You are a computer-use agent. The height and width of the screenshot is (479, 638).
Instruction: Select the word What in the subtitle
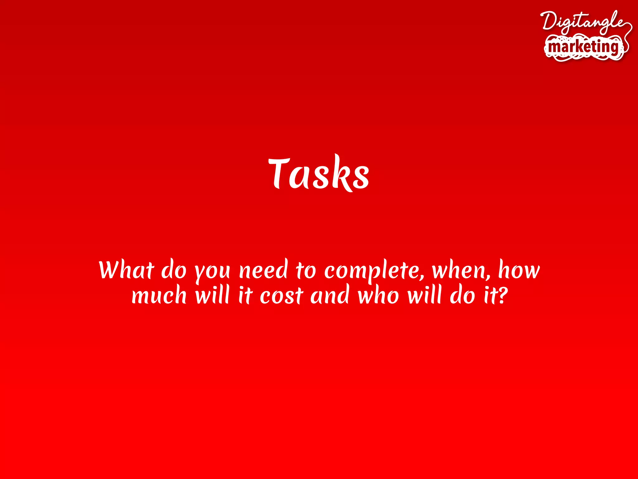coord(126,270)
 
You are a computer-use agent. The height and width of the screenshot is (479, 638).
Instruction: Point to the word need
coord(263,270)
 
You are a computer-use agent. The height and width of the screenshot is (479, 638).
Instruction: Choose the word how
coord(519,270)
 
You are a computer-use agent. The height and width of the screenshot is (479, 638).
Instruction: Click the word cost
coord(281,296)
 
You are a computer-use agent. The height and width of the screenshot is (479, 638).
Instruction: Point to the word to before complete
coord(306,270)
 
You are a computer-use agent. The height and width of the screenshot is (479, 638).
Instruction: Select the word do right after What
coord(174,270)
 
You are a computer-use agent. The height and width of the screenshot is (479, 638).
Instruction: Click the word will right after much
coord(212,295)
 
